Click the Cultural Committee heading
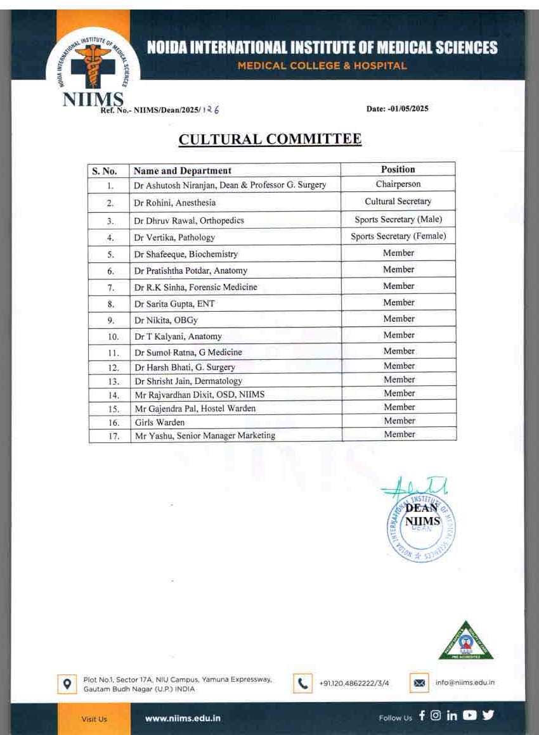[x=270, y=139]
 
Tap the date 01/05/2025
[x=398, y=109]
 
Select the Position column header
[x=398, y=169]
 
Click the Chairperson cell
[x=398, y=184]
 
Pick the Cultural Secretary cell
[x=398, y=201]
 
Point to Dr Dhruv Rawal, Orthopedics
[x=189, y=220]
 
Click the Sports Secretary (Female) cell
[x=398, y=236]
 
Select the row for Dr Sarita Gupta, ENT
[x=174, y=304]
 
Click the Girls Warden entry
[x=160, y=422]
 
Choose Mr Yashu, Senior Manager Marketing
[x=205, y=435]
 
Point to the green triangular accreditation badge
[x=466, y=641]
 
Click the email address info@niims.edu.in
[x=465, y=683]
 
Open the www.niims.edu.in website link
[x=183, y=719]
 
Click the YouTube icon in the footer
[x=469, y=716]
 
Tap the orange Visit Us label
[x=94, y=719]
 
